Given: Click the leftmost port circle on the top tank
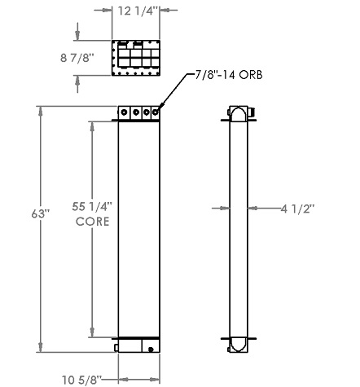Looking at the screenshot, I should point(125,113).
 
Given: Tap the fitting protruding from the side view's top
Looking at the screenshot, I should point(252,111).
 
